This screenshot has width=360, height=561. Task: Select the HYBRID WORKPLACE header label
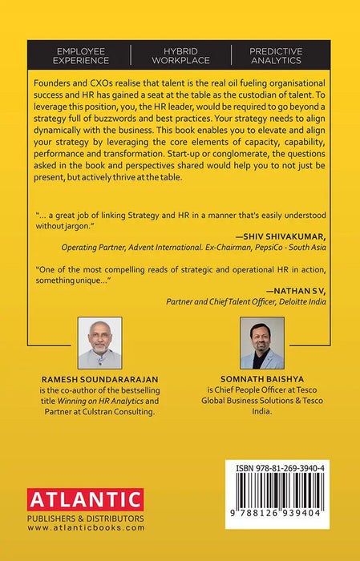180,54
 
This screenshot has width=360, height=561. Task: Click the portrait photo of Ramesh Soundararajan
99,341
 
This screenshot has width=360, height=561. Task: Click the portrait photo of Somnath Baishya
262,342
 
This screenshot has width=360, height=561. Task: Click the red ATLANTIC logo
85,501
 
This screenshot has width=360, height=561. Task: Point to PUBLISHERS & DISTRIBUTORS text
85,519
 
